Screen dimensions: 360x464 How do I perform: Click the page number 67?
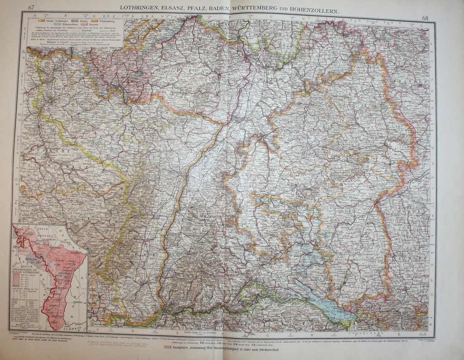click(31, 7)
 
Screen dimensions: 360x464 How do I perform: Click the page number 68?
click(425, 18)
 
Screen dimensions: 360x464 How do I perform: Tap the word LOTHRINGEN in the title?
click(138, 8)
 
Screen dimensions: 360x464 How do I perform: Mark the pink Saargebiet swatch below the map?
click(167, 347)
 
